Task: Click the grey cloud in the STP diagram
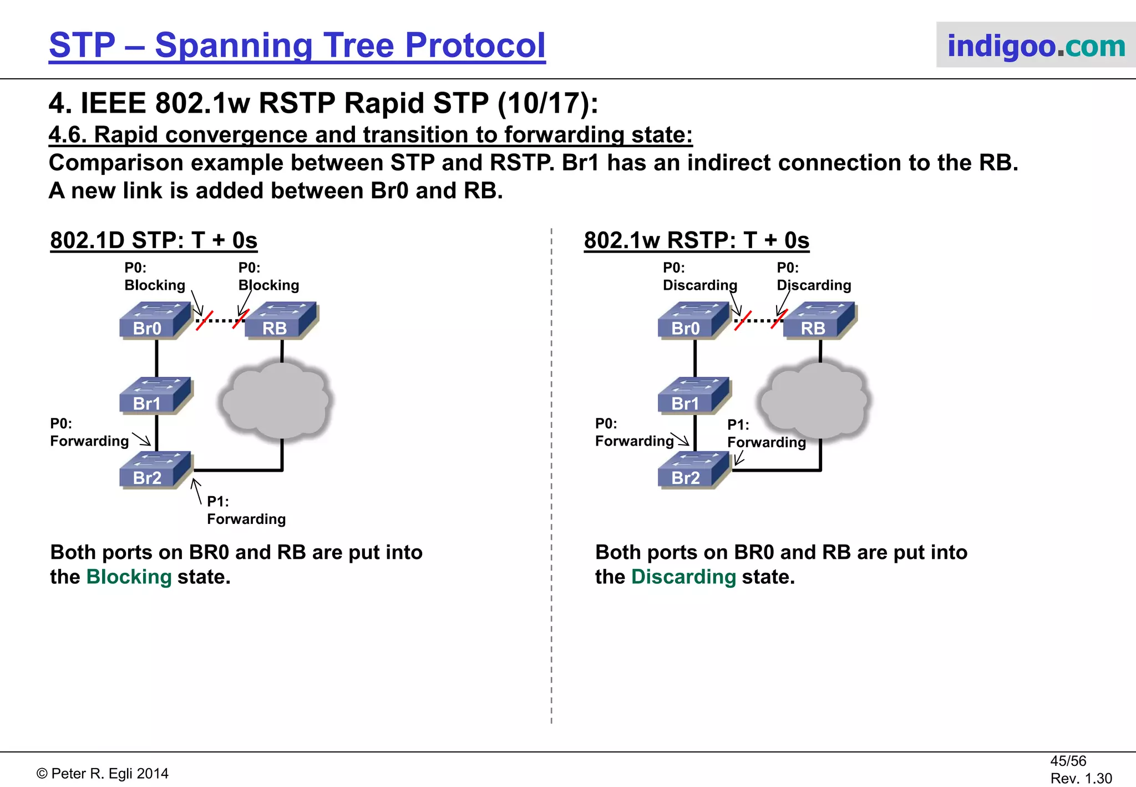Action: (277, 400)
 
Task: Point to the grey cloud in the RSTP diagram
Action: (814, 400)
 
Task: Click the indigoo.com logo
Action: (1036, 46)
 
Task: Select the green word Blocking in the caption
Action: (129, 577)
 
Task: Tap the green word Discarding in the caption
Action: (683, 577)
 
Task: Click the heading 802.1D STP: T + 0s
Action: (154, 240)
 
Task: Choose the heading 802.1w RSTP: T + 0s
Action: (696, 240)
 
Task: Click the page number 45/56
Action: (1068, 761)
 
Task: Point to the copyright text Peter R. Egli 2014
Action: (103, 774)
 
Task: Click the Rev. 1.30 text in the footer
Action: (1081, 779)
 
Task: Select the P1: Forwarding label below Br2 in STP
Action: (246, 511)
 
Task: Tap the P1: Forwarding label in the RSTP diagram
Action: (766, 434)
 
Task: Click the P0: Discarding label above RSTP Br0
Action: (699, 277)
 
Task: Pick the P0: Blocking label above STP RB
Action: (268, 277)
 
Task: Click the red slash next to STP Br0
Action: (204, 321)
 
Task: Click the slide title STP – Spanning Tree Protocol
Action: (297, 46)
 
